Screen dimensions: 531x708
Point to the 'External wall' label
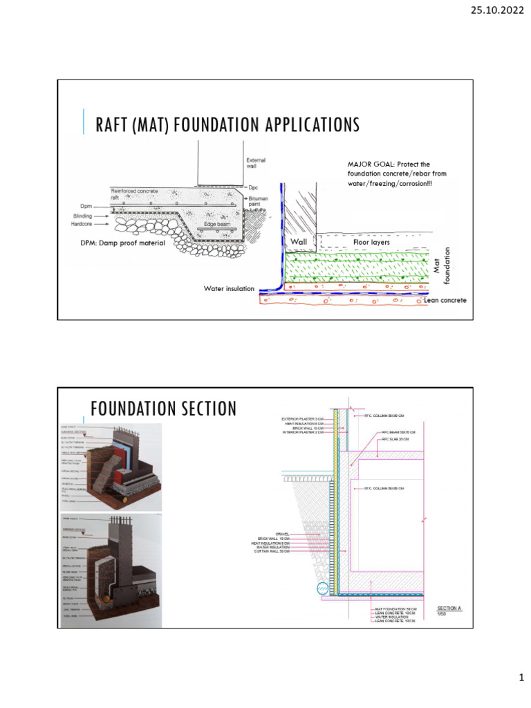point(256,164)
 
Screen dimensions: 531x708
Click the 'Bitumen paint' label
point(260,201)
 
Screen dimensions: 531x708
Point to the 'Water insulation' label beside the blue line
point(228,288)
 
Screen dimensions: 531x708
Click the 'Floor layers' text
point(371,243)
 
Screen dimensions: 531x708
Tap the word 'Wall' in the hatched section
point(299,241)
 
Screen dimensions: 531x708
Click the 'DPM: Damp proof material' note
point(123,243)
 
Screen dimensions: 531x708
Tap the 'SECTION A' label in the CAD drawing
point(449,608)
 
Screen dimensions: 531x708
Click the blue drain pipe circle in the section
point(323,590)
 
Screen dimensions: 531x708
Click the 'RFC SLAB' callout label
point(395,439)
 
